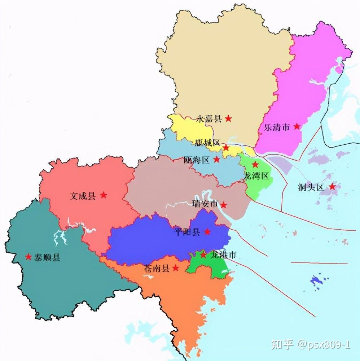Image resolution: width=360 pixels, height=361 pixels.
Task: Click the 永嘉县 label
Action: tap(209, 119)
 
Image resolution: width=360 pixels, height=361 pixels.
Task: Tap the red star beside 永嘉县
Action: tap(228, 118)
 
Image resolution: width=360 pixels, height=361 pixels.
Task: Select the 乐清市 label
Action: tap(277, 127)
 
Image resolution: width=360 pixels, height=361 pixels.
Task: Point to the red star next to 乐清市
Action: tap(297, 126)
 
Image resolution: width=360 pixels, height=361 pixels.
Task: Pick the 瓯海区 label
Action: tap(196, 160)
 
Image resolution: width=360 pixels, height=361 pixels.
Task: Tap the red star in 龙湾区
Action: tap(255, 165)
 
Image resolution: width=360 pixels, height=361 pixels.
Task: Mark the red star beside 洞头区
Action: tap(332, 187)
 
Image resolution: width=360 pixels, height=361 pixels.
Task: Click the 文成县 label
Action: tap(83, 196)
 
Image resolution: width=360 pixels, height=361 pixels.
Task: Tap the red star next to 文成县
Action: tap(104, 195)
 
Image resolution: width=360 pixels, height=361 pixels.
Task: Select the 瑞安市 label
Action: tap(205, 204)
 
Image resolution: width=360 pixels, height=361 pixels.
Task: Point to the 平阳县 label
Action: tap(187, 232)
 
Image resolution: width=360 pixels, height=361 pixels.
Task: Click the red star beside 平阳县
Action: tap(207, 231)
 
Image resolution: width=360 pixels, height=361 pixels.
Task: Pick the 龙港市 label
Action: tap(223, 255)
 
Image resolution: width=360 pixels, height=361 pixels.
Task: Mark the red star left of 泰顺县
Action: tap(28, 257)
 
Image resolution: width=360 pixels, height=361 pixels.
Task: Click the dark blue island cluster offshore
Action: tap(317, 281)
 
